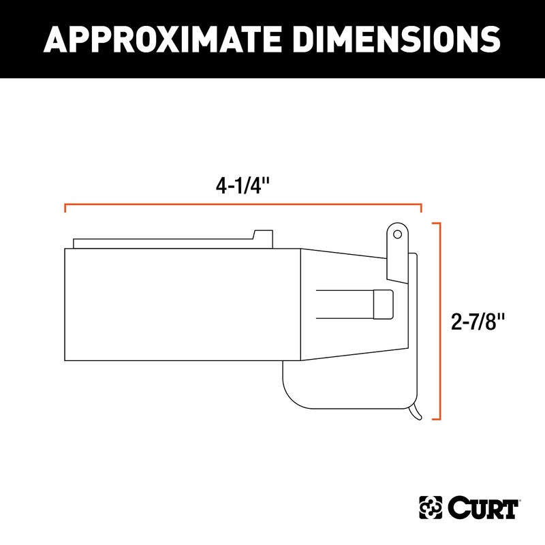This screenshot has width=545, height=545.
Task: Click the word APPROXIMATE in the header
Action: (157, 39)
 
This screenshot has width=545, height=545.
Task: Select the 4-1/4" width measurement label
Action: (243, 186)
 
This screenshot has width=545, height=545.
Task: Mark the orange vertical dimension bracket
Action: (442, 320)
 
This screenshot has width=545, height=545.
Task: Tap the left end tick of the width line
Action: (65, 208)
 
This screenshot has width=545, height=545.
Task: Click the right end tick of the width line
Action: (421, 208)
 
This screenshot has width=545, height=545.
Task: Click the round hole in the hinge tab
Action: (396, 234)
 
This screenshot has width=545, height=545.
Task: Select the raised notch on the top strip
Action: (262, 236)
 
